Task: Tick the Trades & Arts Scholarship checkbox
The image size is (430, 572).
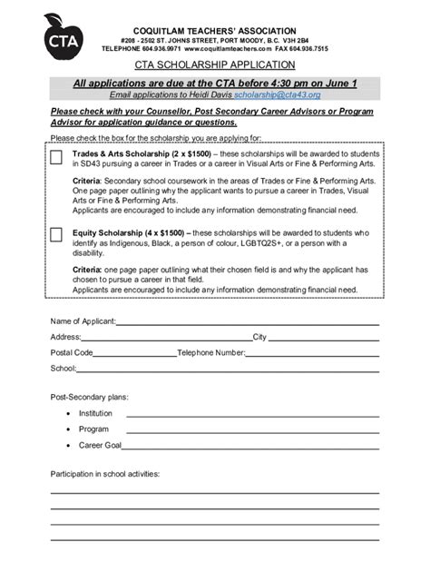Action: pyautogui.click(x=56, y=157)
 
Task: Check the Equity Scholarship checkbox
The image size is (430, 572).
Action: pyautogui.click(x=56, y=235)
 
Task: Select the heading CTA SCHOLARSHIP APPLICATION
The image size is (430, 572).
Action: pyautogui.click(x=215, y=65)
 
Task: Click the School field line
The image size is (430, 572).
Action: pyautogui.click(x=227, y=369)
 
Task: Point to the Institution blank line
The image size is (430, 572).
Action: pyautogui.click(x=252, y=413)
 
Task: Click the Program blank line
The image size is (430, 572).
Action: pyautogui.click(x=252, y=429)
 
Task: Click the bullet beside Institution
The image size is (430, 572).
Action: pyautogui.click(x=68, y=413)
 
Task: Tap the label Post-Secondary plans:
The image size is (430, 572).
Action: pyautogui.click(x=89, y=397)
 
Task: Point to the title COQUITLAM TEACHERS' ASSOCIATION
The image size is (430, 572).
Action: pyautogui.click(x=215, y=31)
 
